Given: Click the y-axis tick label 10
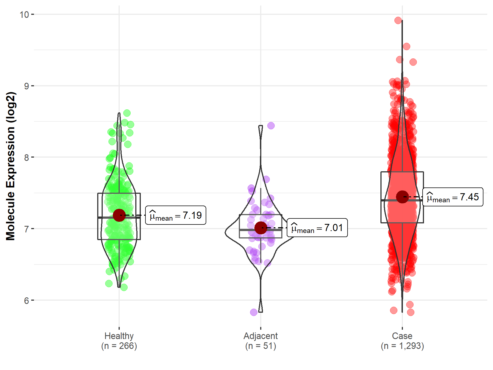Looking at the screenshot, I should pyautogui.click(x=24, y=15).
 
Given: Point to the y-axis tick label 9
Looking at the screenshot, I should pyautogui.click(x=27, y=86).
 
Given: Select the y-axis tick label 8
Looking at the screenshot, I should pyautogui.click(x=27, y=158).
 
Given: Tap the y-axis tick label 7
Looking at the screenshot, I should pyautogui.click(x=27, y=229).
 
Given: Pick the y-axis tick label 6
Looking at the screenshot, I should pyautogui.click(x=27, y=301).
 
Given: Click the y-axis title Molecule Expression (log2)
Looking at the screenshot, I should pyautogui.click(x=10, y=166).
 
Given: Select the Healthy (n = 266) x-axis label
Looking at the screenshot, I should pyautogui.click(x=119, y=341).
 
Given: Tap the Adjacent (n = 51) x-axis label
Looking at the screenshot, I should pyautogui.click(x=260, y=341).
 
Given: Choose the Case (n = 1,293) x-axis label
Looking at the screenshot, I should pyautogui.click(x=402, y=341).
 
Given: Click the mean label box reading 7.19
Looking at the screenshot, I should pyautogui.click(x=176, y=215).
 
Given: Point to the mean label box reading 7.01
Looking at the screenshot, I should pyautogui.click(x=317, y=228).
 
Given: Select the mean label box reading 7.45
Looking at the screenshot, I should pyautogui.click(x=453, y=197).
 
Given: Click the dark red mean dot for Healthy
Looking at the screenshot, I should pyautogui.click(x=119, y=215).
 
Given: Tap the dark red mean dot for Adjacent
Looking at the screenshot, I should pyautogui.click(x=260, y=228).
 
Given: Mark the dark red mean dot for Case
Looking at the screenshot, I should pyautogui.click(x=402, y=197).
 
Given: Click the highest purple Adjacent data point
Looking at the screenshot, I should pyautogui.click(x=271, y=126).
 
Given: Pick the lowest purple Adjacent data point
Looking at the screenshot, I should pyautogui.click(x=254, y=312).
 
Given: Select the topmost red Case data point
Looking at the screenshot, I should pyautogui.click(x=398, y=20).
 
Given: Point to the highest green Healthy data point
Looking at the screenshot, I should pyautogui.click(x=127, y=113).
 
